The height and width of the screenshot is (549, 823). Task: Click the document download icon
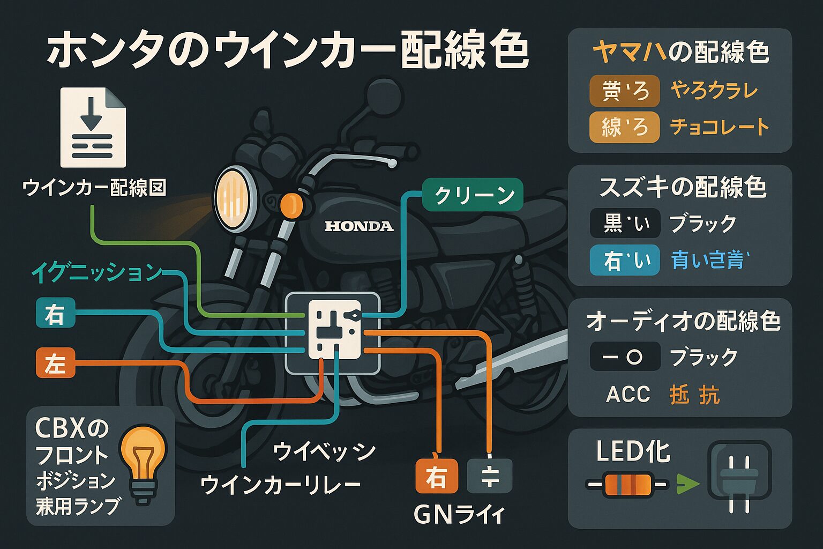[93, 128]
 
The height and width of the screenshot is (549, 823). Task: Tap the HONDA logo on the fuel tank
[358, 226]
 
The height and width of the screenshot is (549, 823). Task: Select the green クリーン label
[472, 194]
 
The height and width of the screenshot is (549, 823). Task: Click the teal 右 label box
[55, 314]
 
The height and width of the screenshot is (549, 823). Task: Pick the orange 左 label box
[55, 363]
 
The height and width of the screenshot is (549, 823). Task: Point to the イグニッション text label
[96, 272]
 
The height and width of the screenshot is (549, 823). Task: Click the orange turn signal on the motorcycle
[291, 204]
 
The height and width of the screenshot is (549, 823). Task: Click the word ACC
[627, 395]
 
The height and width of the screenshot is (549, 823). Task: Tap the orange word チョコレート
[719, 127]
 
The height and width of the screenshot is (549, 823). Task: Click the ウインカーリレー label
[280, 485]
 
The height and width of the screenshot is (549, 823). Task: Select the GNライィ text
[459, 515]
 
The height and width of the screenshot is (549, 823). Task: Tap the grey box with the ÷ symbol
[490, 476]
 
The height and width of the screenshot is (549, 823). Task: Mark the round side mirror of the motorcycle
[384, 95]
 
